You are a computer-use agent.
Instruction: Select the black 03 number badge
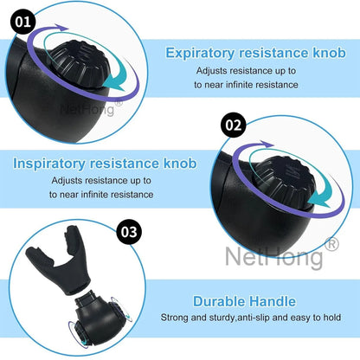pos(129,232)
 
